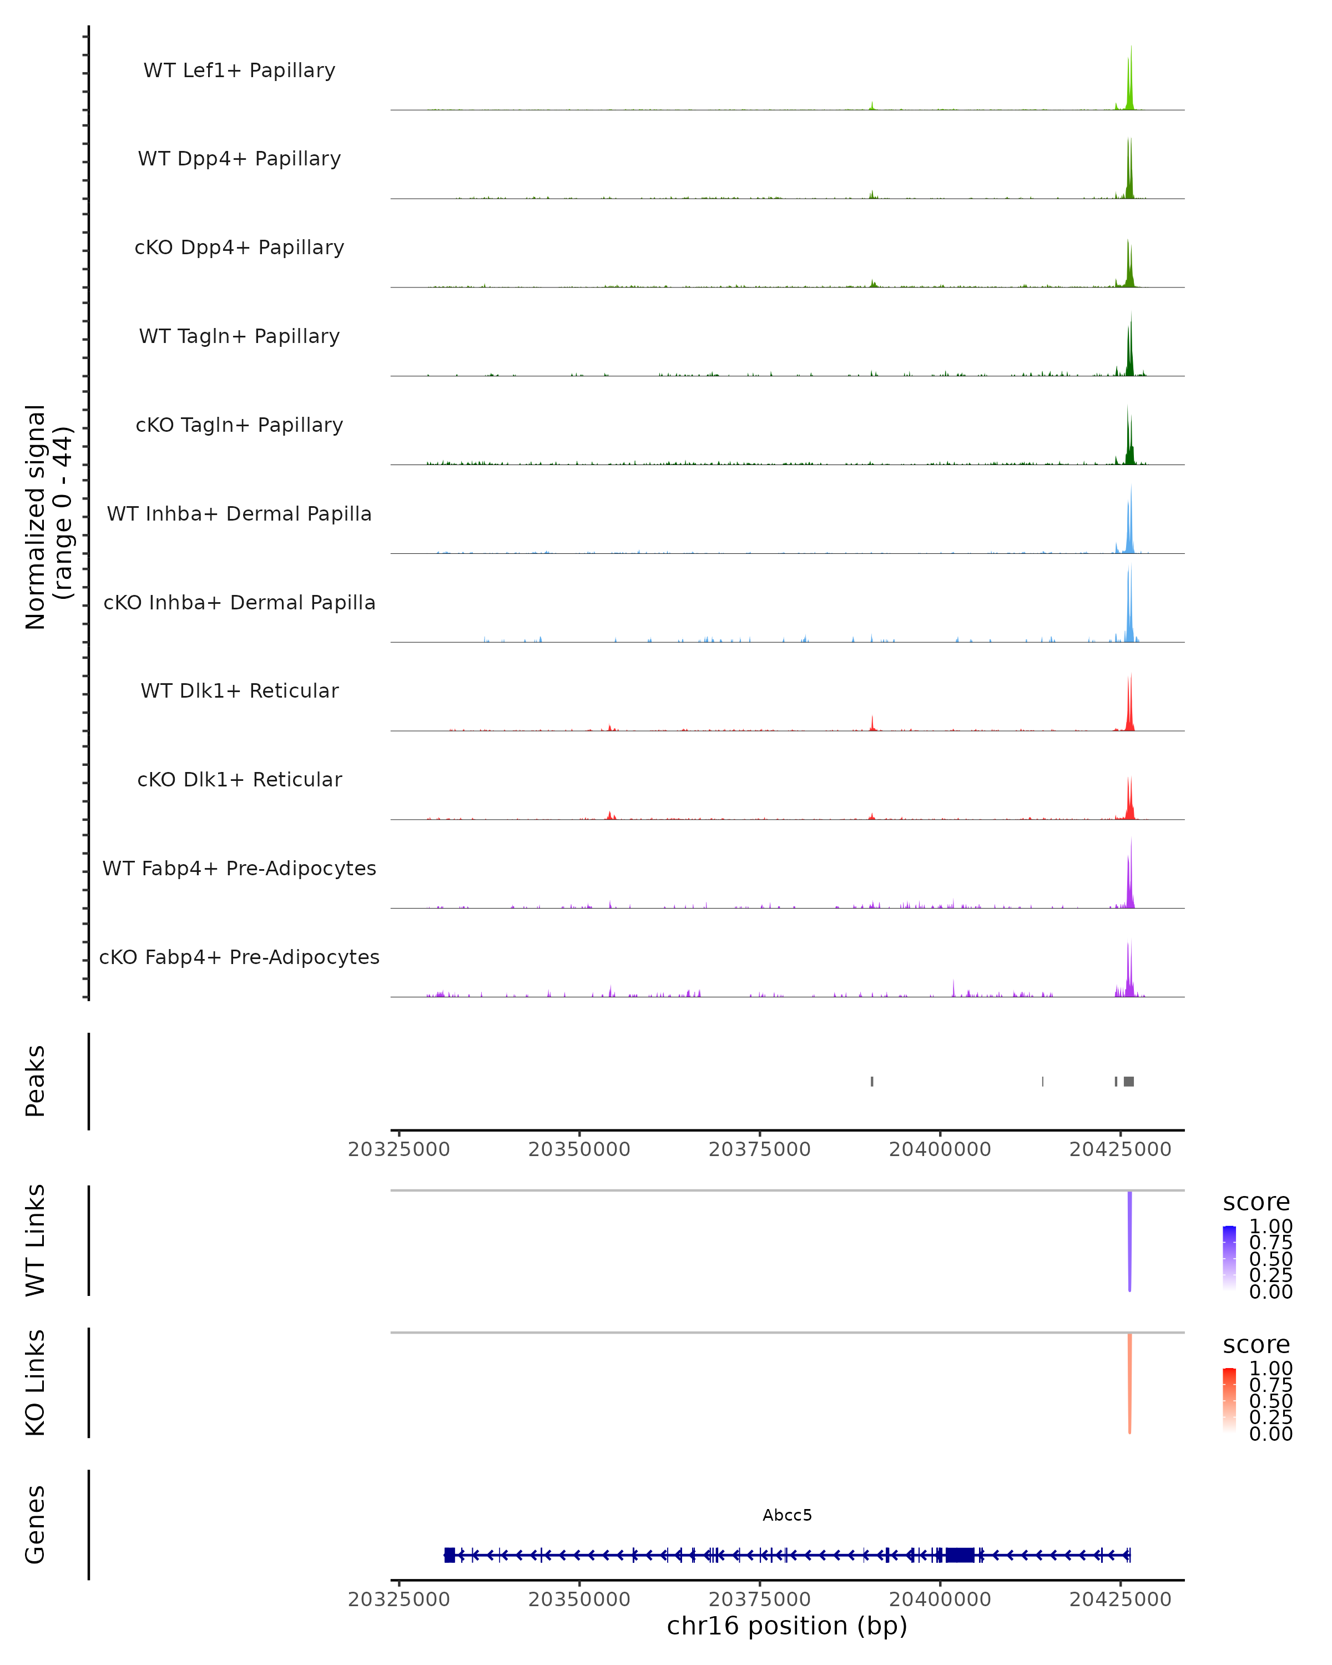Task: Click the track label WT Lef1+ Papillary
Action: tap(239, 70)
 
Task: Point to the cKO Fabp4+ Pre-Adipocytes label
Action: tap(239, 957)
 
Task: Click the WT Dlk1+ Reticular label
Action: tap(239, 690)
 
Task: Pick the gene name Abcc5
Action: tap(787, 1515)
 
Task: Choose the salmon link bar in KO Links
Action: tap(1129, 1383)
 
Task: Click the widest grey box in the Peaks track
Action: tap(1129, 1081)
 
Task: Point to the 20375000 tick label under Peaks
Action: tap(759, 1149)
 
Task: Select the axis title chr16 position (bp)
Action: tap(787, 1626)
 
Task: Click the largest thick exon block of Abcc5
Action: tap(960, 1555)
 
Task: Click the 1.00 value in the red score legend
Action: tap(1271, 1369)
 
